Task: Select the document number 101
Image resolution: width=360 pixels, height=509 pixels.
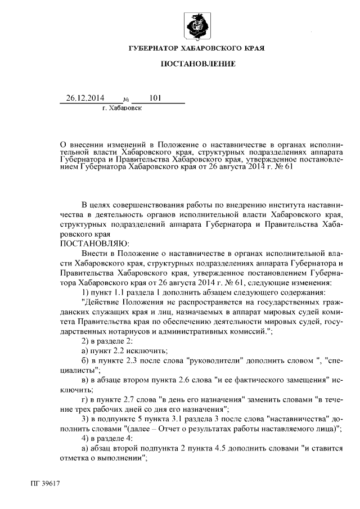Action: click(x=155, y=98)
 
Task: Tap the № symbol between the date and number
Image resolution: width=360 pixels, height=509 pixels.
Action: click(x=125, y=100)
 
